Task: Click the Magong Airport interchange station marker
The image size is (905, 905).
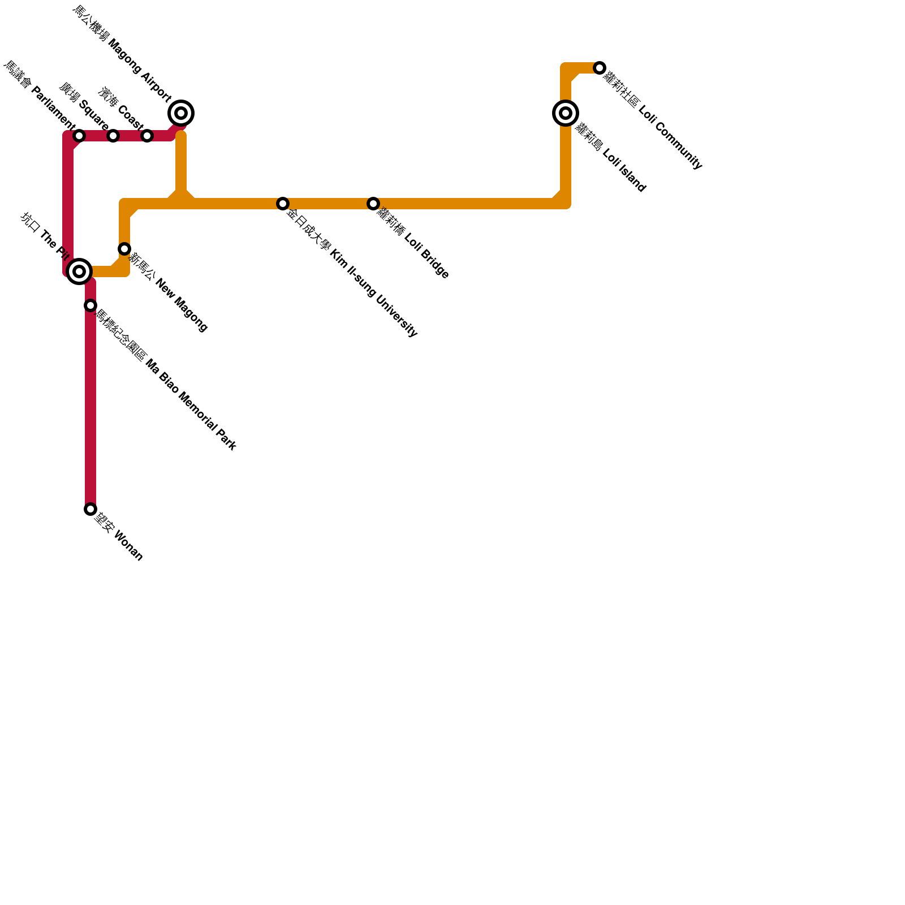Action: pos(181,113)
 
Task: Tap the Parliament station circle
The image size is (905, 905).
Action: pos(79,136)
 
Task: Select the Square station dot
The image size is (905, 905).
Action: pos(113,136)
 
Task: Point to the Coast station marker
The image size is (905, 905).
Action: pos(147,136)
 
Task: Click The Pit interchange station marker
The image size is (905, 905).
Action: pos(79,271)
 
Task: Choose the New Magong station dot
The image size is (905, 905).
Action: pos(124,249)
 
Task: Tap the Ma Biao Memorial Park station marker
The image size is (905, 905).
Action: pos(90,305)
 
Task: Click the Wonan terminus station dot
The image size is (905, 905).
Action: pos(90,509)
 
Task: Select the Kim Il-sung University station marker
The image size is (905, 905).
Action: pos(283,204)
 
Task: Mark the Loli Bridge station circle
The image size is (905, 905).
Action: pos(373,204)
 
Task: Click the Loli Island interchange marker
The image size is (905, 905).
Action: pos(566,113)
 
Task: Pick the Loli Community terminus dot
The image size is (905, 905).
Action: pos(600,68)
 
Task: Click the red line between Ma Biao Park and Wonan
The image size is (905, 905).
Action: pos(90,407)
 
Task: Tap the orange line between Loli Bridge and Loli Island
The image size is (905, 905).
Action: pos(469,204)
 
